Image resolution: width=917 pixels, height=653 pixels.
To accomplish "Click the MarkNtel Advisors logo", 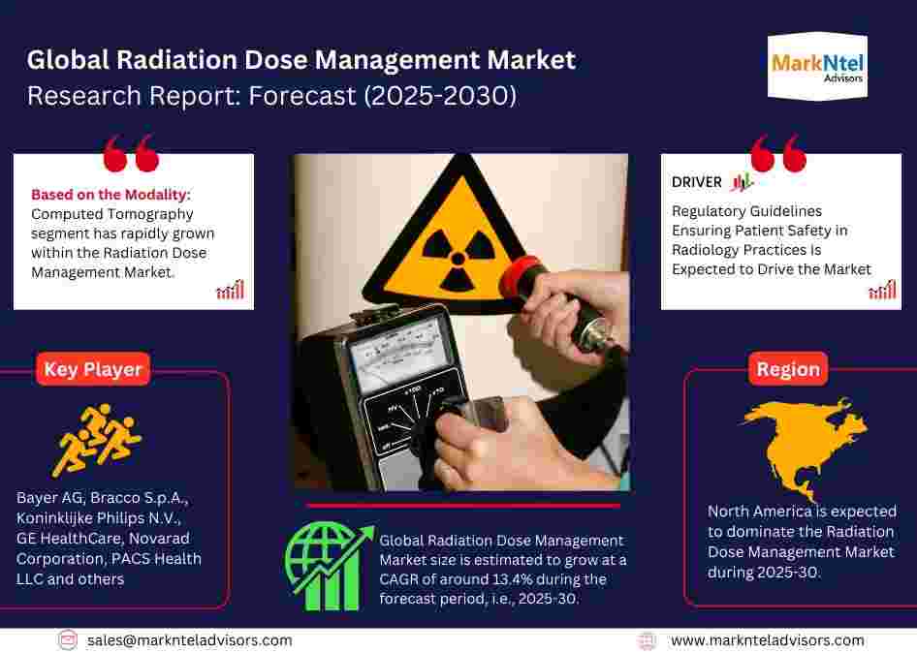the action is coord(817,67).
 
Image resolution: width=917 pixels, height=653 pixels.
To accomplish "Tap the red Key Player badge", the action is coord(93,369).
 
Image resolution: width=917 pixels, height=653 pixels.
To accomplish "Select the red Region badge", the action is coord(788,369).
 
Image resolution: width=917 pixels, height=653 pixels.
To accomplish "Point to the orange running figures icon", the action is coord(97,440).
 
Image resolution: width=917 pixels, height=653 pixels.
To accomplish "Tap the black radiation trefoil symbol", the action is coord(458,258).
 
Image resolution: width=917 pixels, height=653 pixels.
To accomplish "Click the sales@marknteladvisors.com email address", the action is coord(189,640).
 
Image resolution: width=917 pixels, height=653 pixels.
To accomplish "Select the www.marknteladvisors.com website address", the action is coord(768,640).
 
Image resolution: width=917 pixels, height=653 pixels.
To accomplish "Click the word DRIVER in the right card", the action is coord(697,182).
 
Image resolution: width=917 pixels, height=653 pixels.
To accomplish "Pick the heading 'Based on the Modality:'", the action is coord(111,194).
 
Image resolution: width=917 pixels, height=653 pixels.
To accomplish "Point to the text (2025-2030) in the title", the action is coord(440,96).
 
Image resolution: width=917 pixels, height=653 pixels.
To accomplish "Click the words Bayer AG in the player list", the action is coord(49,497).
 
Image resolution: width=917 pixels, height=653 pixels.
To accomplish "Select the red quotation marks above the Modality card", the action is coord(131,153).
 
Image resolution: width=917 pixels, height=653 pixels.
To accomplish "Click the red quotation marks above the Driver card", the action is coord(778,153).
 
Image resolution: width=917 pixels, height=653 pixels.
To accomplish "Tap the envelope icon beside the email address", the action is coord(67,640).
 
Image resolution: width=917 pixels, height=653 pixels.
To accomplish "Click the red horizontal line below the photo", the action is coord(463,506).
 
